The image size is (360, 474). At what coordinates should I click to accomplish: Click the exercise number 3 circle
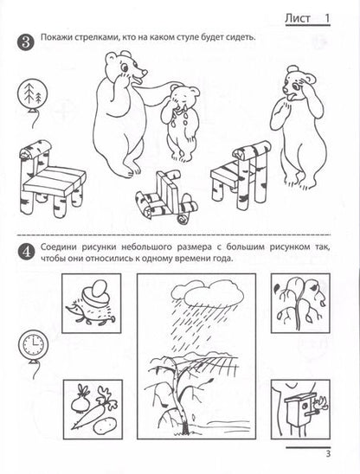click(25, 42)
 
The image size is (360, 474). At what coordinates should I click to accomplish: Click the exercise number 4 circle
click(25, 252)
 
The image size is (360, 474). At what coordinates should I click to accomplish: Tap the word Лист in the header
click(298, 18)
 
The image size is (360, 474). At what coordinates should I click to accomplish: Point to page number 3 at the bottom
click(328, 453)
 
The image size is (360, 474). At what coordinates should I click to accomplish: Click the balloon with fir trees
click(32, 93)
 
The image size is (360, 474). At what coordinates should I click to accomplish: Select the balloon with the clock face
click(33, 345)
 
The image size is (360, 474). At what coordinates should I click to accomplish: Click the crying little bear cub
click(180, 122)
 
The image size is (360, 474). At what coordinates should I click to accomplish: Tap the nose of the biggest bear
click(145, 72)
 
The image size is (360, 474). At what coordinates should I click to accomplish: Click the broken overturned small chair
click(166, 197)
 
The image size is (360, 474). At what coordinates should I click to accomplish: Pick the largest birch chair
click(51, 178)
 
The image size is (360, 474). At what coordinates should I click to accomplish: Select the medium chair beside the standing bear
click(241, 175)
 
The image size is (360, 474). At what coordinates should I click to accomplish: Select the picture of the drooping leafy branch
click(300, 304)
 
